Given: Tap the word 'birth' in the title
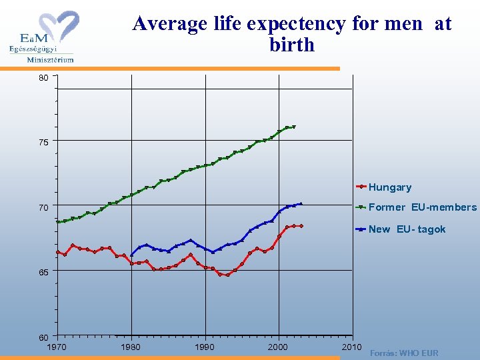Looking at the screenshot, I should tap(291, 45).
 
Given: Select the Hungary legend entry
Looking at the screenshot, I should tap(389, 187).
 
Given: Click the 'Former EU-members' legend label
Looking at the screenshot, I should tap(422, 207).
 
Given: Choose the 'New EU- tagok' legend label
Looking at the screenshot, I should tap(407, 229).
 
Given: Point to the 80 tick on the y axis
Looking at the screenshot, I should tap(43, 78).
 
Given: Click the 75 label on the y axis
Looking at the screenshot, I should tap(43, 142).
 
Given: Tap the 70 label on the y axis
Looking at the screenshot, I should tap(43, 207).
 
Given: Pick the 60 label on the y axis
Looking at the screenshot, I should tap(43, 337).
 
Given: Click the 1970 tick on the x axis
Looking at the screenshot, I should tap(57, 347).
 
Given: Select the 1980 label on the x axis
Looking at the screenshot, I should tap(131, 347).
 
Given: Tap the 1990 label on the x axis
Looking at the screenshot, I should tap(204, 347).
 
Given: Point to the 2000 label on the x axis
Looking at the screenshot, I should tap(278, 347).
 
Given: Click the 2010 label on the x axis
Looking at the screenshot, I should tap(351, 347).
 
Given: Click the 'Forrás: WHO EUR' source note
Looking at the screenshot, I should tap(404, 353).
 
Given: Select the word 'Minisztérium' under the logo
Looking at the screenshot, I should tap(50, 59).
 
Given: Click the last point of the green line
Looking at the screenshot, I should tap(293, 127).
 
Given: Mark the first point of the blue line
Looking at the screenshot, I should tap(131, 255).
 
